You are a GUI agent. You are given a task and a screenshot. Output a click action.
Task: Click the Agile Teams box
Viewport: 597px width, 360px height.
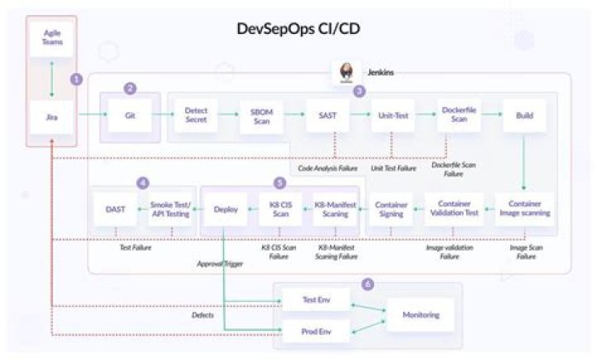(52, 37)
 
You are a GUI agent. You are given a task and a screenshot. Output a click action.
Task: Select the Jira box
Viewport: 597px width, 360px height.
(52, 119)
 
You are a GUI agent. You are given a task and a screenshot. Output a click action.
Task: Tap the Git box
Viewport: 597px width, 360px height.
(130, 116)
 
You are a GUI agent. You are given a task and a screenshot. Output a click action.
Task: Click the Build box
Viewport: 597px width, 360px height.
(524, 116)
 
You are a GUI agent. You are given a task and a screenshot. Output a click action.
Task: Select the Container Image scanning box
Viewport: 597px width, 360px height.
(524, 209)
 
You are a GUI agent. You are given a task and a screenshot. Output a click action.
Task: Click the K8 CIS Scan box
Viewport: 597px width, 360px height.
(274, 209)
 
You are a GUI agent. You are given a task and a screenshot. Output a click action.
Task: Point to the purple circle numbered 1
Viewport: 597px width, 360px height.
(76, 79)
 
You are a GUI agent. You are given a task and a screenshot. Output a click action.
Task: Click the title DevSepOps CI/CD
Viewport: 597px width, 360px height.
(298, 29)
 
